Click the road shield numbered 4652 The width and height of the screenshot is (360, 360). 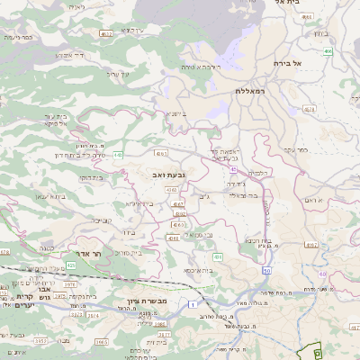coord(106,33)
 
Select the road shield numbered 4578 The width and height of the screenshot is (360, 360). coord(310,108)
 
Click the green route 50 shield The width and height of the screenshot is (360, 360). coord(265,270)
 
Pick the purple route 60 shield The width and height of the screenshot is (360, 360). coord(233,169)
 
